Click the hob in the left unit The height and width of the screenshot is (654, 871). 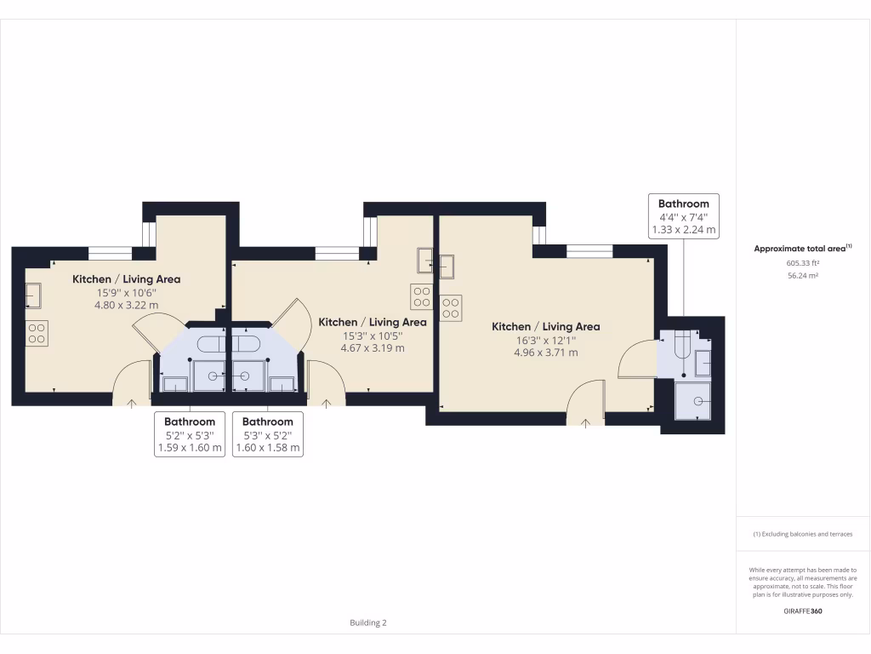tap(37, 332)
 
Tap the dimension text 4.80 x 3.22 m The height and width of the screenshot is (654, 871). tap(126, 304)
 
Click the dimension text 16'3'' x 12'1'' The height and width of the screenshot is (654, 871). tap(545, 341)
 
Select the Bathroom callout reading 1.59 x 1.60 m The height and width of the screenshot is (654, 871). tap(190, 434)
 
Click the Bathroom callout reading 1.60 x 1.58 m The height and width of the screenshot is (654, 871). tap(268, 434)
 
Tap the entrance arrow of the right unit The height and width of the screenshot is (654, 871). tap(585, 422)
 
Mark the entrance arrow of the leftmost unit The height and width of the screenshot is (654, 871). tap(131, 403)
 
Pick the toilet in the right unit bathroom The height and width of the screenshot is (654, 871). tap(681, 345)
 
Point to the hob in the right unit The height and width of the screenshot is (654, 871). tap(451, 307)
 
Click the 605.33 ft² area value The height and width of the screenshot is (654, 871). tap(802, 263)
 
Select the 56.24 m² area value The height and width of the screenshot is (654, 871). tap(802, 276)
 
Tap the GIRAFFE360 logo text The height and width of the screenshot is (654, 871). tap(802, 611)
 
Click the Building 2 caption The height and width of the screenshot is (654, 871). tap(368, 622)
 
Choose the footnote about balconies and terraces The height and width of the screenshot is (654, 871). tap(802, 534)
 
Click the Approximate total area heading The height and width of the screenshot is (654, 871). tap(802, 248)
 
